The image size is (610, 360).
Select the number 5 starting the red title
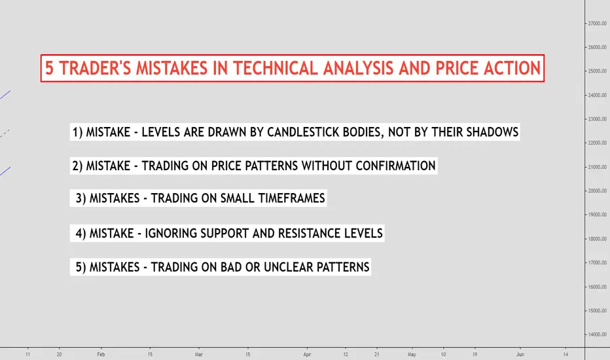pos(49,69)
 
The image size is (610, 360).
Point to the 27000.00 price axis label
pos(597,24)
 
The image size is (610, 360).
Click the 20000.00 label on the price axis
pos(597,190)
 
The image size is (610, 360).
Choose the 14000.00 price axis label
pos(597,334)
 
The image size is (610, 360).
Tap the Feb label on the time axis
pos(101,354)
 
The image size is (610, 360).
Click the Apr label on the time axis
pos(307,354)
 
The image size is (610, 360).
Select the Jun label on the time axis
pos(520,354)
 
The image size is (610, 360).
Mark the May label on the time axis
pos(412,354)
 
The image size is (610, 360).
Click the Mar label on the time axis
pos(199,354)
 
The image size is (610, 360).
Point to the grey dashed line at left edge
pos(5,134)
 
